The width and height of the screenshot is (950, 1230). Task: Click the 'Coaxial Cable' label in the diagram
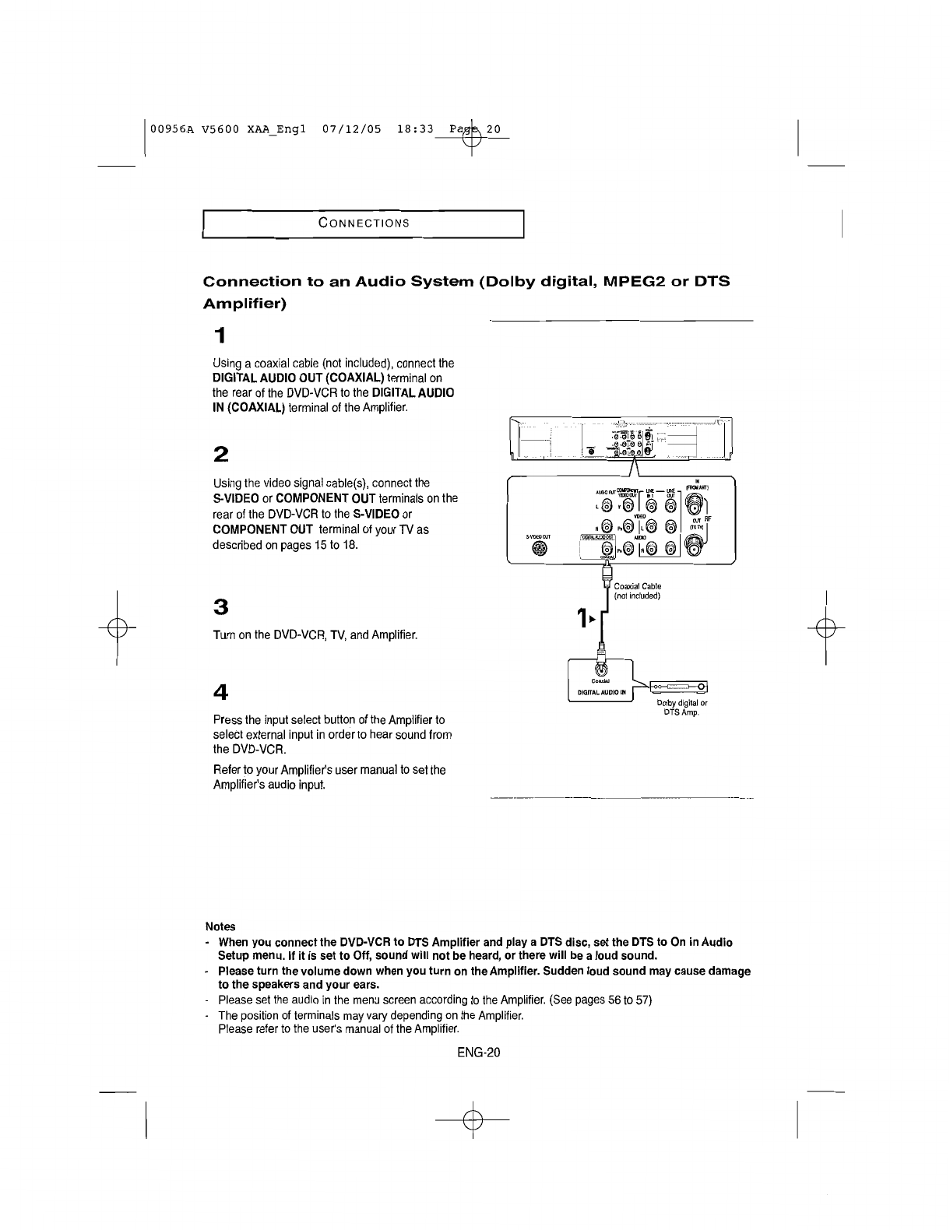tap(637, 586)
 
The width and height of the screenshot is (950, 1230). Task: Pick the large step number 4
tap(220, 691)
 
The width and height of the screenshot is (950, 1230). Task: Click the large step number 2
tap(220, 454)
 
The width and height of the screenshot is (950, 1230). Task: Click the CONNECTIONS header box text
tap(364, 223)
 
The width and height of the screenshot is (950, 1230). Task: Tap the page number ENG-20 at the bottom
tap(478, 1053)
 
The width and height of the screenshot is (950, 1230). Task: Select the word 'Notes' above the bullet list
tap(220, 926)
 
